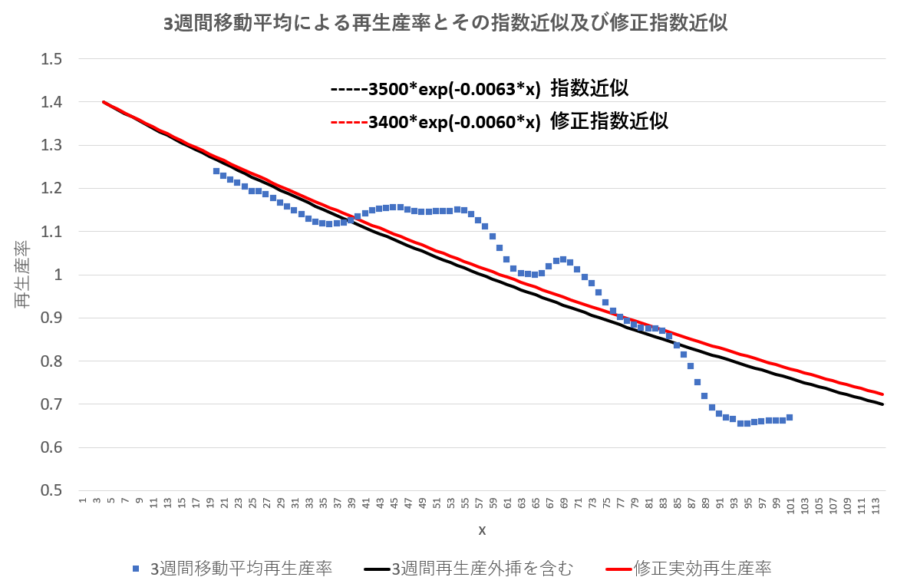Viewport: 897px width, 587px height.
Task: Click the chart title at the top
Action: click(446, 24)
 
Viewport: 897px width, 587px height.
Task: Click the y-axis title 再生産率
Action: click(22, 275)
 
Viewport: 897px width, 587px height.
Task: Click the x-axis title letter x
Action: click(482, 530)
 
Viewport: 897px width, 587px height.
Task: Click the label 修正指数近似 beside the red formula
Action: click(609, 121)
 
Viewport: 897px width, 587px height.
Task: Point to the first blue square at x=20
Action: click(216, 171)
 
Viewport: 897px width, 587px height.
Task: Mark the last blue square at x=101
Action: click(790, 417)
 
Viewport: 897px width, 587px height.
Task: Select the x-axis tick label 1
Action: click(82, 502)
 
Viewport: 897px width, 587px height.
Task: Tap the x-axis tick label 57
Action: click(479, 505)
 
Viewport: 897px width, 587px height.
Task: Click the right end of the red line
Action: click(882, 394)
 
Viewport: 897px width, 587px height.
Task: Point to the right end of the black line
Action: click(882, 404)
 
